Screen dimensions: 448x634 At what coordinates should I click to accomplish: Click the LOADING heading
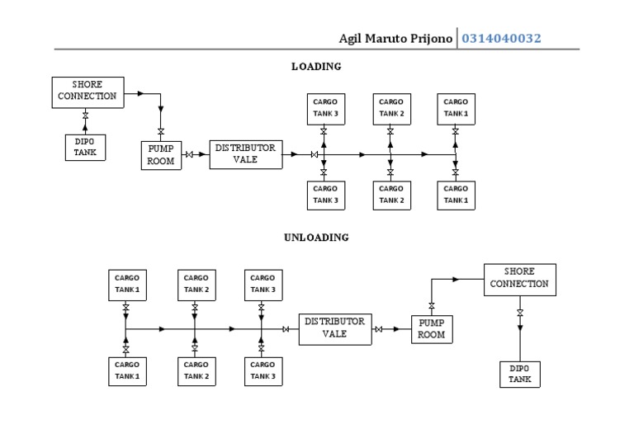click(x=316, y=67)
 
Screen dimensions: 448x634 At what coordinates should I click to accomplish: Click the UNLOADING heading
click(x=316, y=238)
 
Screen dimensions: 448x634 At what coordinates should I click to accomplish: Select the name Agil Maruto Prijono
click(x=395, y=39)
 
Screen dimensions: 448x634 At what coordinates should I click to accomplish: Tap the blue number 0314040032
click(x=501, y=39)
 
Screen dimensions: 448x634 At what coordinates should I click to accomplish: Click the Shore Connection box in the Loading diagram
click(x=88, y=91)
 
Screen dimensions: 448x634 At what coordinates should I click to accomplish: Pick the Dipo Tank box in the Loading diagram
click(x=85, y=147)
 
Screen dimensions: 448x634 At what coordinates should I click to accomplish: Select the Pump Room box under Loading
click(x=161, y=155)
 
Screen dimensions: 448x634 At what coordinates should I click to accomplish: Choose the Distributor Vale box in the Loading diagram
click(x=245, y=154)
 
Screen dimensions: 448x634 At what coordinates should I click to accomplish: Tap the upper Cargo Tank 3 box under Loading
click(x=325, y=108)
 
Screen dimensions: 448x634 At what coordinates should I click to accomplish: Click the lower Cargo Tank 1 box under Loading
click(x=456, y=194)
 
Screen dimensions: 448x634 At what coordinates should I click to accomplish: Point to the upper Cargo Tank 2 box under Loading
click(x=391, y=108)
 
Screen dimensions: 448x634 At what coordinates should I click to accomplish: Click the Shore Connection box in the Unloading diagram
click(x=519, y=278)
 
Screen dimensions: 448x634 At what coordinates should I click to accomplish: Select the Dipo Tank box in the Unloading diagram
click(x=520, y=374)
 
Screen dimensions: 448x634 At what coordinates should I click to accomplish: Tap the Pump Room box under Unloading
click(x=432, y=329)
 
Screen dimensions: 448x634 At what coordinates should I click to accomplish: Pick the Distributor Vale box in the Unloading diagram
click(x=334, y=328)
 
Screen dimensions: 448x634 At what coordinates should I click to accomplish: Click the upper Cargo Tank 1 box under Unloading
click(x=127, y=285)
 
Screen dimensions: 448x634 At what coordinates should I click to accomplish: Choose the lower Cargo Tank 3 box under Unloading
click(x=263, y=370)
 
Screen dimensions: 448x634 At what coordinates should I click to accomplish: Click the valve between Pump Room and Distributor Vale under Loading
click(x=190, y=154)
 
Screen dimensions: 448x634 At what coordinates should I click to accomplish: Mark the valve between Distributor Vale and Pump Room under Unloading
click(x=378, y=329)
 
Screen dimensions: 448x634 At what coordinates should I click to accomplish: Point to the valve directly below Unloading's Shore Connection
click(x=520, y=313)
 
